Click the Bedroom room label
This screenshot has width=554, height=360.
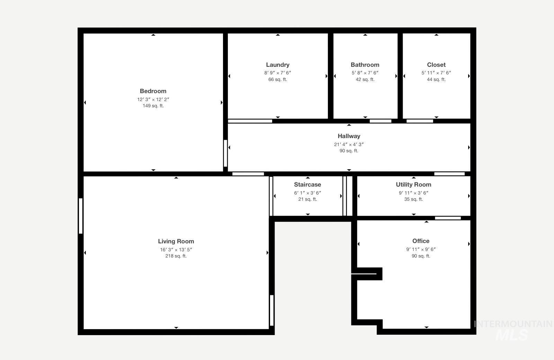tap(153, 91)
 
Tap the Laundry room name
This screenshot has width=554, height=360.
tap(277, 65)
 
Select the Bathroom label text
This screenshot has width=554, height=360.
tap(365, 65)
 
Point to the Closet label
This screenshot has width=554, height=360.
tap(436, 65)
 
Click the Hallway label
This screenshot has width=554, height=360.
tap(349, 136)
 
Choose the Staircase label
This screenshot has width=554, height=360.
tap(307, 184)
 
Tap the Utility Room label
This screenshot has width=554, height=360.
tap(413, 184)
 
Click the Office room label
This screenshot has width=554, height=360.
tap(421, 241)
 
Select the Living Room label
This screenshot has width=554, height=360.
tap(176, 241)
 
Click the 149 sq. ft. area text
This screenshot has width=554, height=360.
tap(153, 106)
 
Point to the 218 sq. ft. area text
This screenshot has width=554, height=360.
tap(176, 256)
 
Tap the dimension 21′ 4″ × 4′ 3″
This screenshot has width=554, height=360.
tap(349, 144)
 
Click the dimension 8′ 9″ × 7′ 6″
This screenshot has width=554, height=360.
tap(277, 73)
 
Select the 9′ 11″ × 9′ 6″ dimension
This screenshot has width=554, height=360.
tap(421, 249)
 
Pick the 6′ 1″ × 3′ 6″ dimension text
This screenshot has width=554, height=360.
tap(307, 193)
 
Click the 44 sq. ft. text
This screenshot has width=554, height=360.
tap(436, 79)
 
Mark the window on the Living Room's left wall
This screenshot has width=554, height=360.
tap(81, 216)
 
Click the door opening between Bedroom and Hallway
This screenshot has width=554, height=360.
tap(225, 153)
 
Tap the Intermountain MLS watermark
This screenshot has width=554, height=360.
tap(513, 330)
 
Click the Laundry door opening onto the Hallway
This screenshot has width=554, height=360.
tap(250, 121)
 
